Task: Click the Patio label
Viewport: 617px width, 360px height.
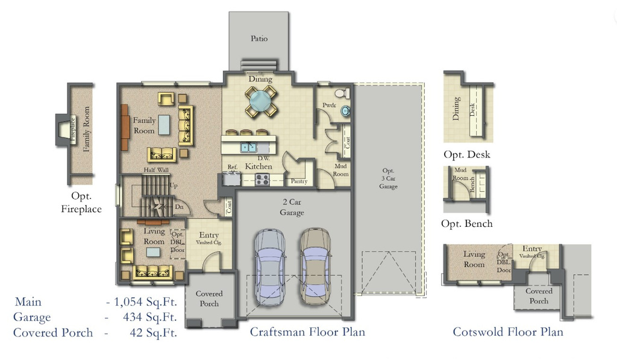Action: click(259, 39)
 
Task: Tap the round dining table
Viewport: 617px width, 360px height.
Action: click(261, 101)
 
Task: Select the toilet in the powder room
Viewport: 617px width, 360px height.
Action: click(340, 94)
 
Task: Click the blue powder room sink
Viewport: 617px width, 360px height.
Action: click(345, 112)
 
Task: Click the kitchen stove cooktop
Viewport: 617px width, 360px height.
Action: click(263, 178)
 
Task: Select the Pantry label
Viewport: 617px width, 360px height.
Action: click(299, 181)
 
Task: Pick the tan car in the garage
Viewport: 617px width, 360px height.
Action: click(315, 266)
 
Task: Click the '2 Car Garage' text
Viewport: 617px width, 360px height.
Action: click(292, 207)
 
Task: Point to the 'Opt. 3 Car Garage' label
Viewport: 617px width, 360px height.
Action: click(388, 178)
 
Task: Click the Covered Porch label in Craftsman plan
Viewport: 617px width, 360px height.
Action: click(209, 298)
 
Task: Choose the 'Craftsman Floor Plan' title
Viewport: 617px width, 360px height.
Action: click(307, 332)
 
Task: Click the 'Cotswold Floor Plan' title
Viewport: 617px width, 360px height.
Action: click(508, 332)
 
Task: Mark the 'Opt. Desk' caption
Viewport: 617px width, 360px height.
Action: click(467, 154)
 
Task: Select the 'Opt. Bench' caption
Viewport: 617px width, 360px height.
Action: click(467, 224)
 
